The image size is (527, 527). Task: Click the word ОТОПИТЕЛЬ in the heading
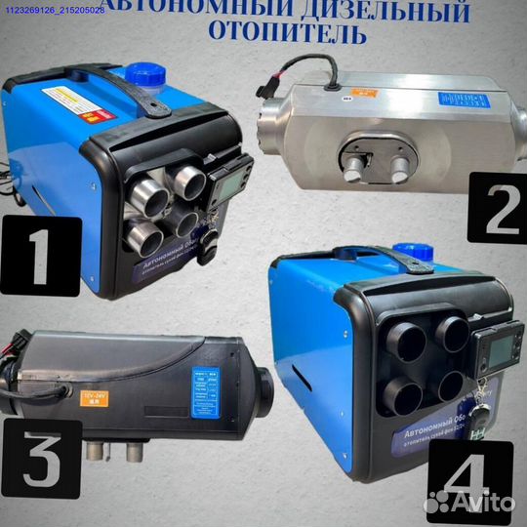click(x=289, y=36)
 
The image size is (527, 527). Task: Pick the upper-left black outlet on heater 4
click(x=408, y=344)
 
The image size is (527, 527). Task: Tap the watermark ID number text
click(x=68, y=10)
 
